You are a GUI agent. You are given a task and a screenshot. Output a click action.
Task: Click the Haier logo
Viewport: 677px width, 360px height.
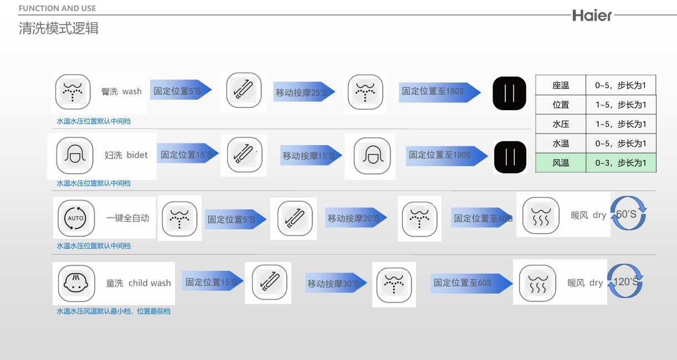[592, 16]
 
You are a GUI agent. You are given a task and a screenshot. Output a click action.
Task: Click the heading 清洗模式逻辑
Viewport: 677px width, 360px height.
[59, 28]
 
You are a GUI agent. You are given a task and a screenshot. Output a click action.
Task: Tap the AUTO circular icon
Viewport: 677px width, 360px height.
[76, 218]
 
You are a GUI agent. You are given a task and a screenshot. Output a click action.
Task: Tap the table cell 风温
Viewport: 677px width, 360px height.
[561, 163]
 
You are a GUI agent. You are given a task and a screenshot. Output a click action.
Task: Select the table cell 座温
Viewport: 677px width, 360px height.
[561, 85]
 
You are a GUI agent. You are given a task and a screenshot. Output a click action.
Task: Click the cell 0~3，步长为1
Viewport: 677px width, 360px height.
[620, 163]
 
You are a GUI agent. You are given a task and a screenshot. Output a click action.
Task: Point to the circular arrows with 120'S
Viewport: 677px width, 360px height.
[625, 281]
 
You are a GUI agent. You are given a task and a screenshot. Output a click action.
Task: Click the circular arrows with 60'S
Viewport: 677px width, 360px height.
[628, 214]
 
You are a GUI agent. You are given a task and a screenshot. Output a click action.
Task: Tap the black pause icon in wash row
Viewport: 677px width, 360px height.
[509, 93]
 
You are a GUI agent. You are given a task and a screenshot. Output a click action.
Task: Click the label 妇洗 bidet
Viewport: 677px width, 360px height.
[126, 155]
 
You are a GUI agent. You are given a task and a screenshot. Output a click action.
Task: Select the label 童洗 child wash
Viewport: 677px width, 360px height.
[139, 283]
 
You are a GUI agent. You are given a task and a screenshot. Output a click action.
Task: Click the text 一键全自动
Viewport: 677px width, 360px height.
[127, 218]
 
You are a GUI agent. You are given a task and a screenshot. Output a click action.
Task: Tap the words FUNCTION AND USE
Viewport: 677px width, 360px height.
[57, 8]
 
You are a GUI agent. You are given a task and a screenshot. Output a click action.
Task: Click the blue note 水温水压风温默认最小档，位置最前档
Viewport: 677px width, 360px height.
[114, 311]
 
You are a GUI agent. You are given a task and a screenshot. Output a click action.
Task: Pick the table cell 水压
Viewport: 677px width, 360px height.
[561, 124]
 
